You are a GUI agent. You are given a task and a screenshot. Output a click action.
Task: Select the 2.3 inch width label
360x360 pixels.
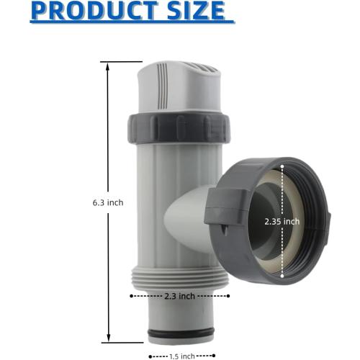(x=180, y=295)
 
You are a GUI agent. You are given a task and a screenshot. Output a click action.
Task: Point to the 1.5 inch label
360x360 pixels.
(x=182, y=355)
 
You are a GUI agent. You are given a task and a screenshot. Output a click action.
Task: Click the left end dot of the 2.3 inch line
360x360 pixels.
(x=130, y=295)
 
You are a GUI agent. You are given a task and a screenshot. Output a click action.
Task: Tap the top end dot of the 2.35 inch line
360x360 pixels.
(x=282, y=165)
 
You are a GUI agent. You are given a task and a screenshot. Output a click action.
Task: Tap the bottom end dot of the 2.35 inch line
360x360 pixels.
(x=282, y=278)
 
